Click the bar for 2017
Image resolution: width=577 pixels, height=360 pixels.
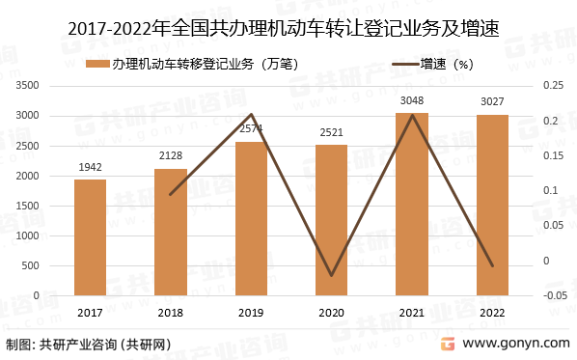click(90, 237)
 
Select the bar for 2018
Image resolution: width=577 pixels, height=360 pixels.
click(171, 232)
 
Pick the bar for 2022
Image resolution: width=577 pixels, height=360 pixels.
click(491, 205)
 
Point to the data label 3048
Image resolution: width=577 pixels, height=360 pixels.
click(411, 101)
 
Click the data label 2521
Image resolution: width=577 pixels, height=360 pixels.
click(331, 133)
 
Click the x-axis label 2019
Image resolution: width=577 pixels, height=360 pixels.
click(251, 312)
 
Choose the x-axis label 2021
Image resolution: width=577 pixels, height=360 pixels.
click(411, 312)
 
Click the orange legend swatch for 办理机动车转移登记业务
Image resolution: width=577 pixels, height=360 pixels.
click(96, 65)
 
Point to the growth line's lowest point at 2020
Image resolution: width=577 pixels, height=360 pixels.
click(331, 276)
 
